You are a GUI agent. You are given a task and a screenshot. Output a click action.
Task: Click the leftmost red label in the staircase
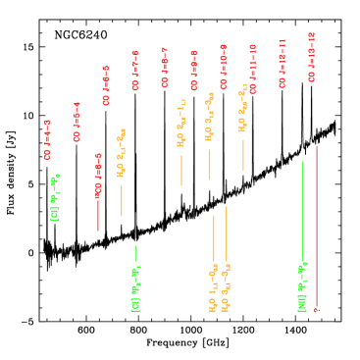point(47,139)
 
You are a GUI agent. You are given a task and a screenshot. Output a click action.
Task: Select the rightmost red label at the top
point(311,57)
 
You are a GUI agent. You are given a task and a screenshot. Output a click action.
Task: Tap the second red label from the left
point(77,123)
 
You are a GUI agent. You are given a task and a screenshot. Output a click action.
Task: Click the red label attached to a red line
point(98,176)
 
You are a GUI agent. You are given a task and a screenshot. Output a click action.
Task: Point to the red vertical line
point(98,214)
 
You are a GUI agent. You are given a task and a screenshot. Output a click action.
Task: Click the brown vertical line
point(316,226)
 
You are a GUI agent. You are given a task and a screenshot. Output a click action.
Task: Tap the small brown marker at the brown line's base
point(316,310)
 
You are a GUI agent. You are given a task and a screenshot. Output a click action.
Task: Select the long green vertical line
point(302,211)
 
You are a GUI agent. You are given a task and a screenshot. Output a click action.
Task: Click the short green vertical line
point(136,253)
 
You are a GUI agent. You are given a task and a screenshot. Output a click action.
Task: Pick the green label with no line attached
point(55,197)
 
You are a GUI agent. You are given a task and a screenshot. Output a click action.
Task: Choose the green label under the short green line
point(135,288)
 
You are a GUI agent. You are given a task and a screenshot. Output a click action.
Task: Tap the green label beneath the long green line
point(302,286)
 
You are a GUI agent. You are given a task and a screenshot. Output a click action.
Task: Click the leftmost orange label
point(121,153)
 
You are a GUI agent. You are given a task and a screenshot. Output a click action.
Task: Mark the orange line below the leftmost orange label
point(122,199)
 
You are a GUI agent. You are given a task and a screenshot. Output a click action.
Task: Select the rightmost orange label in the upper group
point(242,109)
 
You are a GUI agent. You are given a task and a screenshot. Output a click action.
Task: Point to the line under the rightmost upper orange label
point(243,154)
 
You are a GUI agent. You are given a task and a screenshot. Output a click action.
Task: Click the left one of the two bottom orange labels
point(213,288)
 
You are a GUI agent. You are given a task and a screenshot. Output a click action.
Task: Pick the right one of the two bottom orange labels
point(226,288)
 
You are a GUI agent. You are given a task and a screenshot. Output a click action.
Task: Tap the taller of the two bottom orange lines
point(226,233)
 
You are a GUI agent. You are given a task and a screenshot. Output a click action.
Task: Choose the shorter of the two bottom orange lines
point(214,238)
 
